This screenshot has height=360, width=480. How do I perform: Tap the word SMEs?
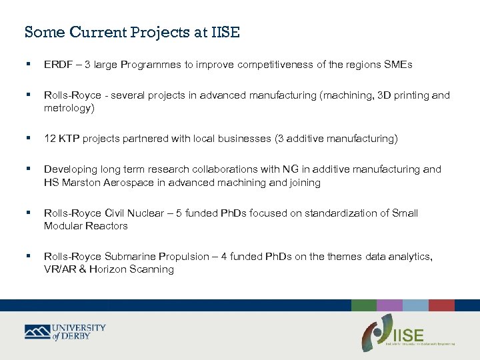tap(397, 65)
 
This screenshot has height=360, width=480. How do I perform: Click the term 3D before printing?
tap(385, 95)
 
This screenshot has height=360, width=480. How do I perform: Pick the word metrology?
tap(69, 108)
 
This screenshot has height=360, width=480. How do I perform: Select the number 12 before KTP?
tap(50, 139)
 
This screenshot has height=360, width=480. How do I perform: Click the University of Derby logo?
tap(65, 331)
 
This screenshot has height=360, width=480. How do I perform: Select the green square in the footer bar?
tap(364, 305)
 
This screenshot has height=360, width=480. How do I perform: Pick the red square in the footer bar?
tap(441, 305)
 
